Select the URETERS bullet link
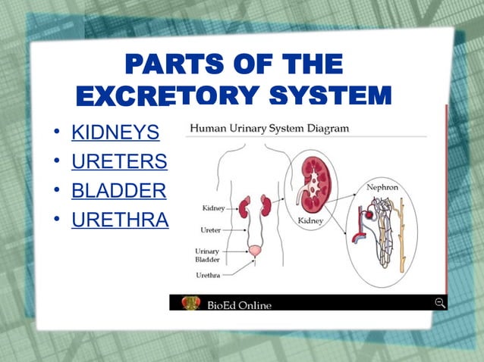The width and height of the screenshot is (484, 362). click(x=119, y=162)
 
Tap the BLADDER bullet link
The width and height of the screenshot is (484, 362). click(x=118, y=190)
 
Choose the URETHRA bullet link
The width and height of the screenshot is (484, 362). click(x=120, y=219)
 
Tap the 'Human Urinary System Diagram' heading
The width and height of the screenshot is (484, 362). click(x=269, y=128)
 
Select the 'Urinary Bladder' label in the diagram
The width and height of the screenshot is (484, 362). click(x=208, y=254)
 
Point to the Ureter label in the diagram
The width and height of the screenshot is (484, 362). click(x=210, y=229)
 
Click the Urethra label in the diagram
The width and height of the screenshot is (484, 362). click(x=209, y=275)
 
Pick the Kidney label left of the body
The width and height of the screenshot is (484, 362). click(x=213, y=207)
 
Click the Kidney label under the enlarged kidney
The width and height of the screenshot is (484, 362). click(x=311, y=219)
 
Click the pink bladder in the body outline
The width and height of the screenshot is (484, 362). click(x=256, y=249)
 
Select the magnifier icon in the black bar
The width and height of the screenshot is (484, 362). click(x=439, y=303)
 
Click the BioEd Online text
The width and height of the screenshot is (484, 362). click(x=239, y=304)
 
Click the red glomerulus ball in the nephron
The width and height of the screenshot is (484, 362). click(x=368, y=216)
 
